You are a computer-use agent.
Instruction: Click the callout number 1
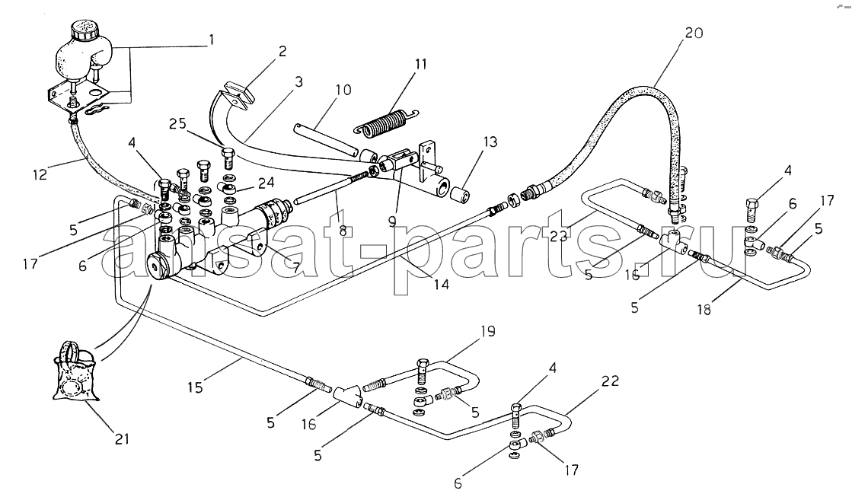pyautogui.click(x=212, y=40)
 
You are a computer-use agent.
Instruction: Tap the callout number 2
pyautogui.click(x=282, y=52)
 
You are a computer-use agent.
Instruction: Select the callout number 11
pyautogui.click(x=420, y=64)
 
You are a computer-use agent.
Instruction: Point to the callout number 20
pyautogui.click(x=694, y=33)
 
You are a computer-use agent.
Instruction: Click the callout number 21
pyautogui.click(x=123, y=438)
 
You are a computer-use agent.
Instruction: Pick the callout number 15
pyautogui.click(x=195, y=387)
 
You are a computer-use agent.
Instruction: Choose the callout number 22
pyautogui.click(x=610, y=381)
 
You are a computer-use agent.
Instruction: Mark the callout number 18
pyautogui.click(x=704, y=311)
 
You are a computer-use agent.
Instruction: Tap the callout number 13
pyautogui.click(x=490, y=142)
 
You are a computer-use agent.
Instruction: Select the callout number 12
pyautogui.click(x=40, y=174)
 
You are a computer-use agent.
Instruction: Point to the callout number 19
pyautogui.click(x=488, y=331)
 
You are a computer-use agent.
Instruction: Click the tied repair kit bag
pyautogui.click(x=75, y=372)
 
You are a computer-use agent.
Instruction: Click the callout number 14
pyautogui.click(x=441, y=284)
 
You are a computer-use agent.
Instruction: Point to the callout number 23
pyautogui.click(x=558, y=236)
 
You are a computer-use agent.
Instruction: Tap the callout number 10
pyautogui.click(x=343, y=90)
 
